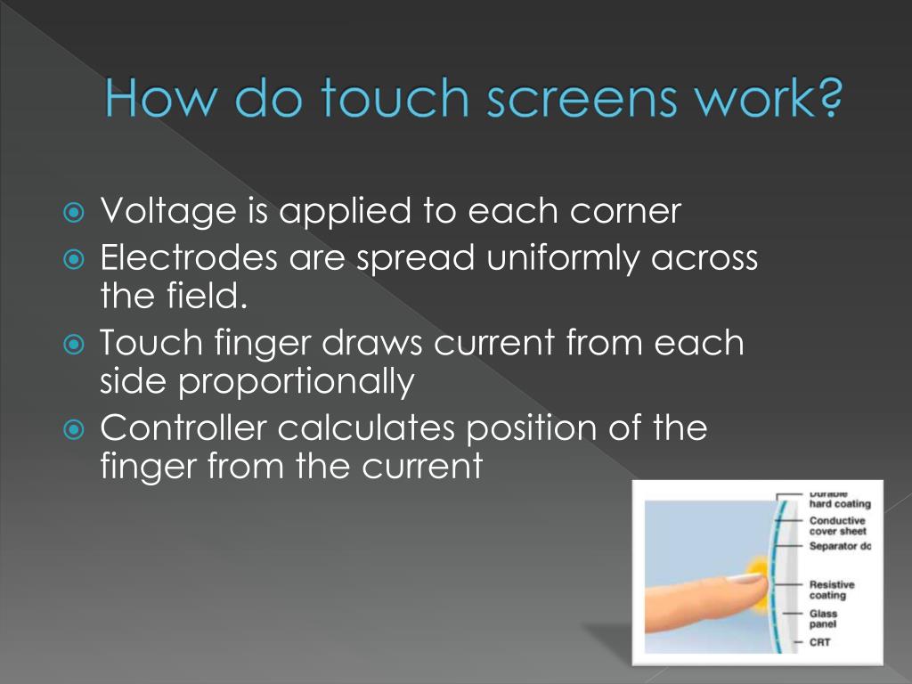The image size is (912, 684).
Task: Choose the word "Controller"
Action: click(183, 428)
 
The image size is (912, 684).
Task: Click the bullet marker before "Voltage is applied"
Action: click(76, 214)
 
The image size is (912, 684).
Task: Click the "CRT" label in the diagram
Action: click(820, 641)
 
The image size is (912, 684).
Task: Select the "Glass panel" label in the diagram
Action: click(823, 619)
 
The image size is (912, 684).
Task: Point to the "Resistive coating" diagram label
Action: click(832, 590)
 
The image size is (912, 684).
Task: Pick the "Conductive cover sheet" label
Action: click(837, 525)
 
